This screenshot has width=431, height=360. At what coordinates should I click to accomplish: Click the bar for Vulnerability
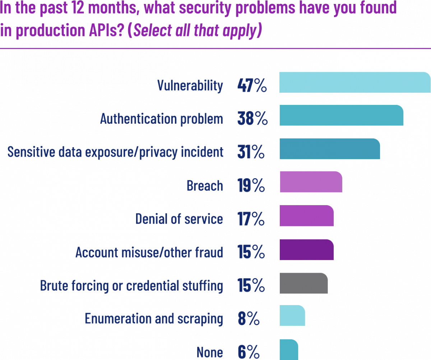pyautogui.click(x=355, y=83)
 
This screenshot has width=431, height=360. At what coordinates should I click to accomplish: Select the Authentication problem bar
pyautogui.click(x=341, y=115)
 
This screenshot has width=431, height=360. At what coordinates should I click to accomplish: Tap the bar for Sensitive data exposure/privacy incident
pyautogui.click(x=330, y=149)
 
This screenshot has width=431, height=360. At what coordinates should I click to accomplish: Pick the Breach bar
pyautogui.click(x=311, y=182)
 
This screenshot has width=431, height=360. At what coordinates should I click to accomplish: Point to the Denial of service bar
pyautogui.click(x=307, y=216)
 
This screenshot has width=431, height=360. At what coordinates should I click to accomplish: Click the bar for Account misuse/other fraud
pyautogui.click(x=307, y=249)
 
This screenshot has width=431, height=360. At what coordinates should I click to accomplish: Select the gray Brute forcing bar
pyautogui.click(x=303, y=283)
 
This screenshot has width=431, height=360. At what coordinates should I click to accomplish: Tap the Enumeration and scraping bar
pyautogui.click(x=292, y=316)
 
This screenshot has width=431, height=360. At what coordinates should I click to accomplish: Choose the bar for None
pyautogui.click(x=289, y=349)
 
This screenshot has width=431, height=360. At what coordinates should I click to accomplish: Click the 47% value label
pyautogui.click(x=252, y=86)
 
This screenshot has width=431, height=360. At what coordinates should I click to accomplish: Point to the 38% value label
pyautogui.click(x=252, y=120)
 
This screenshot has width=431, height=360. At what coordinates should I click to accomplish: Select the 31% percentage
pyautogui.click(x=251, y=153)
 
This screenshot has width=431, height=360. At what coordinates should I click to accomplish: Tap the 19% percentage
pyautogui.click(x=251, y=186)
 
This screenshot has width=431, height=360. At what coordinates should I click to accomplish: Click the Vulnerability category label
pyautogui.click(x=190, y=86)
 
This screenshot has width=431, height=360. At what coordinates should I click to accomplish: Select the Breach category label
pyautogui.click(x=205, y=186)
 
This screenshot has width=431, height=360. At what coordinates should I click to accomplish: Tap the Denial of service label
pyautogui.click(x=179, y=219)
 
